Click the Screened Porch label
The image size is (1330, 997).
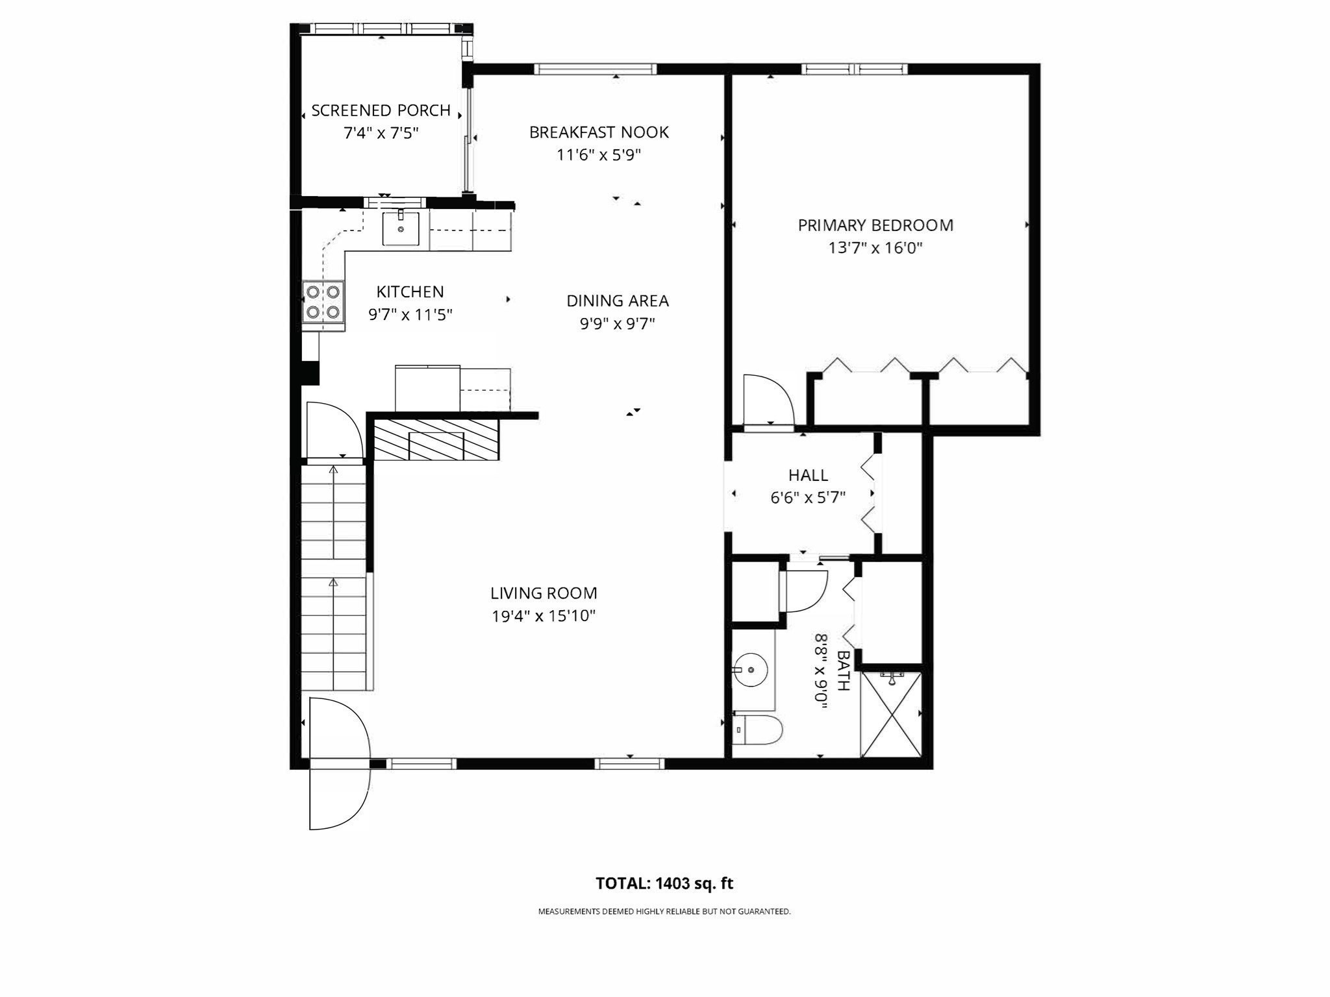(x=381, y=110)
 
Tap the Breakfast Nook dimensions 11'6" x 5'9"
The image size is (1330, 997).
(x=599, y=155)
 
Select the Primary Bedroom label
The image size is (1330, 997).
(x=875, y=225)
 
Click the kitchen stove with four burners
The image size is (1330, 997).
(x=323, y=302)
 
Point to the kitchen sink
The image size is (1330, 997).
(x=400, y=228)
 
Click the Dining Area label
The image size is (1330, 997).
(x=617, y=301)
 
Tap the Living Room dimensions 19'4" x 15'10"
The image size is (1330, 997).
(x=544, y=616)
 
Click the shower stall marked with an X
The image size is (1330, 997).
(x=890, y=714)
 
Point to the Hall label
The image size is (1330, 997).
(x=808, y=475)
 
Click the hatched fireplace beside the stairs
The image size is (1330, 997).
(x=436, y=439)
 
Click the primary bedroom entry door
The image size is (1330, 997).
(x=768, y=402)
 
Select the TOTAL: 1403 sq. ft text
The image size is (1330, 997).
(x=664, y=883)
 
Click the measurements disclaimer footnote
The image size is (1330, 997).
(x=664, y=911)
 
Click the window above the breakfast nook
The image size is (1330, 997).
(x=595, y=69)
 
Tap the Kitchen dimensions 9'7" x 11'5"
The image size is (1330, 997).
(x=410, y=315)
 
